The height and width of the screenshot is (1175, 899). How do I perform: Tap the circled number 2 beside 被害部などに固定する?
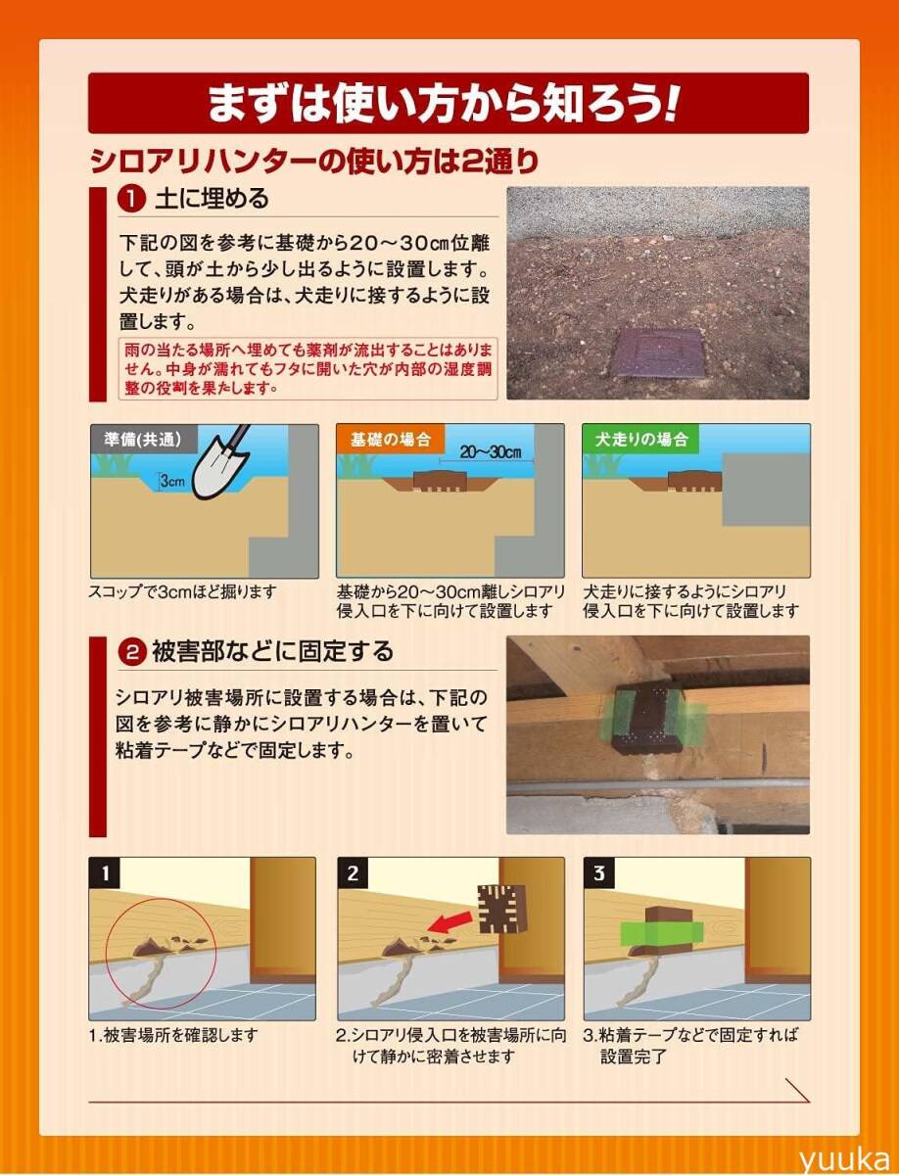pos(131,652)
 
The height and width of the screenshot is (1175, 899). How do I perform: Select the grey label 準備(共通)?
pos(144,440)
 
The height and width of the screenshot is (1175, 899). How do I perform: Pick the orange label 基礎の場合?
pos(391,440)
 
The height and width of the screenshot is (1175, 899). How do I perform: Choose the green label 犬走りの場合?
pos(641,440)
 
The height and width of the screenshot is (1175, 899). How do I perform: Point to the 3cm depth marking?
pos(172,481)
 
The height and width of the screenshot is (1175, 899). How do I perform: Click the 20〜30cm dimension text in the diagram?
pos(491,452)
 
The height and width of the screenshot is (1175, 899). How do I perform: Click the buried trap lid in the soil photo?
pos(658,353)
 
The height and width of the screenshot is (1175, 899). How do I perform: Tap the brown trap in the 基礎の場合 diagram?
pos(440,481)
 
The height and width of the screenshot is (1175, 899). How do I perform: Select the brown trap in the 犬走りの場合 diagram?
pos(695,481)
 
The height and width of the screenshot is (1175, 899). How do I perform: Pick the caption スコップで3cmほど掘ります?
pos(182,591)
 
